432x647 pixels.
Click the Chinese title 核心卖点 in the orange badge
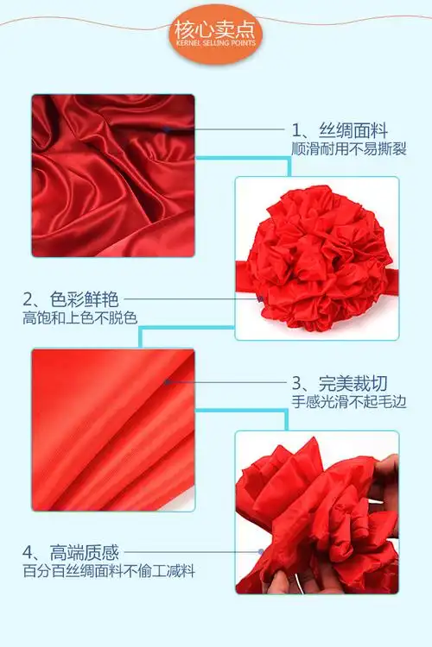coord(215,28)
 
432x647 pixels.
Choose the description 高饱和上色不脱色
coord(79,317)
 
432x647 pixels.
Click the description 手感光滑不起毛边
coord(348,400)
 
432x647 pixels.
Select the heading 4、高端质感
coord(70,551)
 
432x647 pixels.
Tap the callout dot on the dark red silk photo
coord(165,130)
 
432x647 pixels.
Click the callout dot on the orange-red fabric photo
coord(165,381)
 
